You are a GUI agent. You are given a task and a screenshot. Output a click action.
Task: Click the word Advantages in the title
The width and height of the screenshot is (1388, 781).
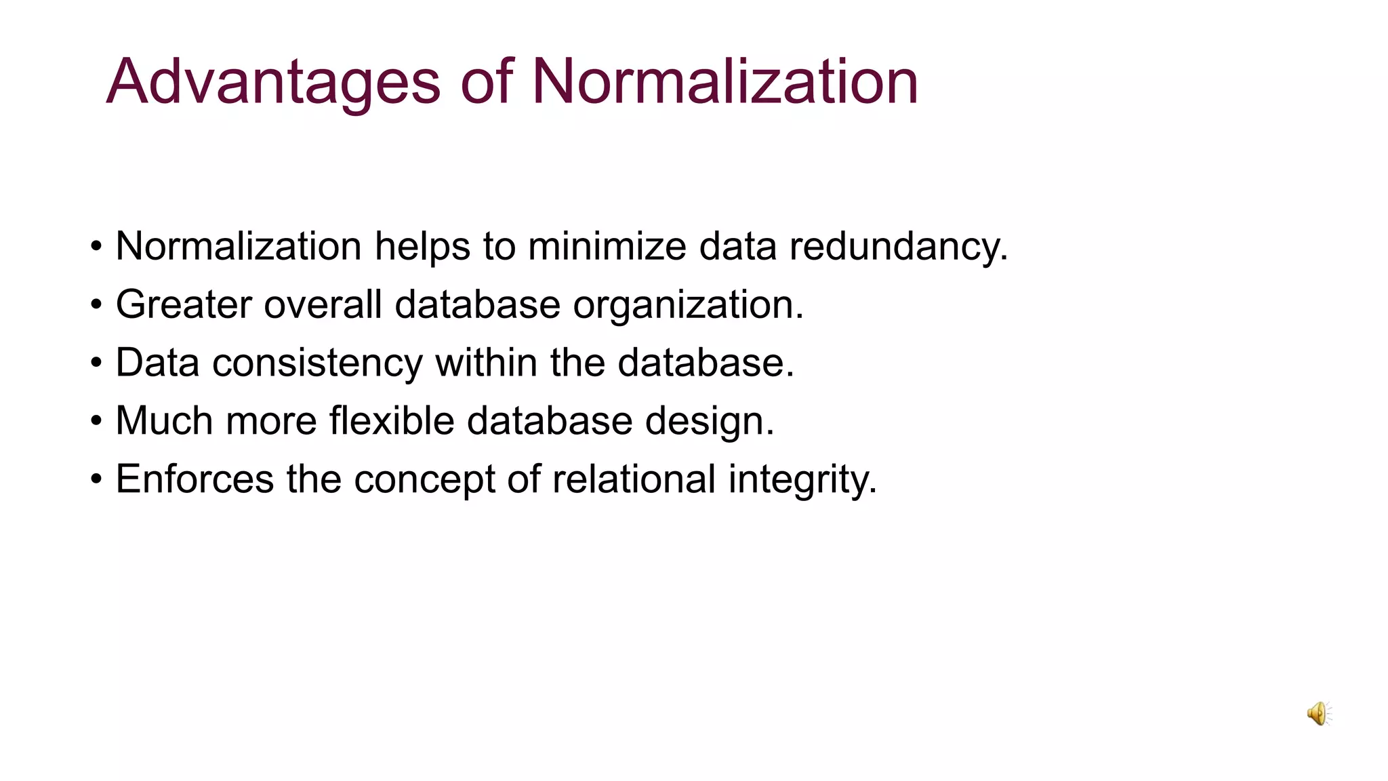(273, 82)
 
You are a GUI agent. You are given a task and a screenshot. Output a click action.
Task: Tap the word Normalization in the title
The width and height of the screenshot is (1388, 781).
(724, 82)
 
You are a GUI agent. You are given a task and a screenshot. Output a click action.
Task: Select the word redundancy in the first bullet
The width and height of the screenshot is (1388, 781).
(899, 246)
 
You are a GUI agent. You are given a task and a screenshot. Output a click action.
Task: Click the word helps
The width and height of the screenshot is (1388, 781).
(422, 246)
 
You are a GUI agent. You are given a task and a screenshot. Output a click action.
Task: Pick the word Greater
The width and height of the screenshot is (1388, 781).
(184, 304)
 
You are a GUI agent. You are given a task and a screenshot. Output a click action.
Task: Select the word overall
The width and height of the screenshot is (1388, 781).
(323, 304)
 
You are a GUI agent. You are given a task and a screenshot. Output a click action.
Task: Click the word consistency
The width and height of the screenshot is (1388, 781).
(317, 363)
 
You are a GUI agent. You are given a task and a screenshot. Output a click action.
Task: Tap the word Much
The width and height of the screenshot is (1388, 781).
(165, 421)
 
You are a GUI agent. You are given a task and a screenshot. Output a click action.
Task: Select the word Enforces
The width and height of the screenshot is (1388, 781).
(195, 479)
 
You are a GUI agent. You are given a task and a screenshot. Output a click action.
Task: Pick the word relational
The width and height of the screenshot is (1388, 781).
(634, 479)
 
